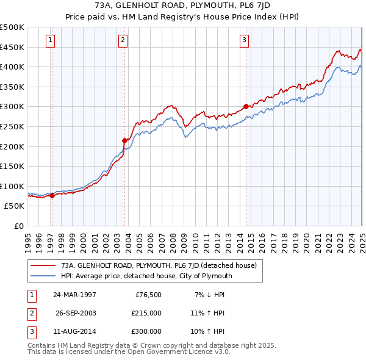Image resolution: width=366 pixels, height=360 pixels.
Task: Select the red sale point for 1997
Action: tap(52, 195)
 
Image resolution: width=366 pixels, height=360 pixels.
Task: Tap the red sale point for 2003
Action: tap(124, 140)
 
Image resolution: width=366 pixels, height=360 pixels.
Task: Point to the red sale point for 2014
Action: tap(246, 106)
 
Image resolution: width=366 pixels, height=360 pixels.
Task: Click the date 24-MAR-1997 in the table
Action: tap(74, 295)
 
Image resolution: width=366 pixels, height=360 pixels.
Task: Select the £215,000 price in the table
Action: tap(147, 313)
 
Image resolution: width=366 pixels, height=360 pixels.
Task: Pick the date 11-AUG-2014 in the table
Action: tap(74, 331)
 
